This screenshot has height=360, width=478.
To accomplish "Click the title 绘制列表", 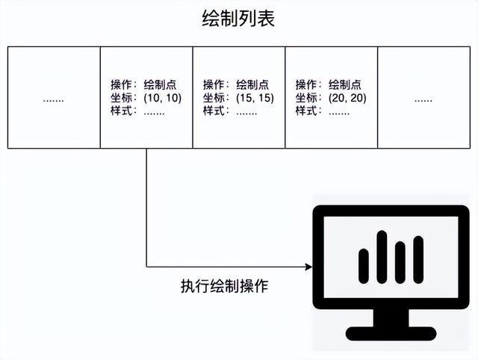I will pos(238,18).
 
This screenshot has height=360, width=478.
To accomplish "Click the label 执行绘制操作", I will pos(224,286).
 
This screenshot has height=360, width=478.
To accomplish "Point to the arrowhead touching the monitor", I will pos(307,267).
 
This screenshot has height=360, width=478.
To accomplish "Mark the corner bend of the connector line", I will pos(146,267).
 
